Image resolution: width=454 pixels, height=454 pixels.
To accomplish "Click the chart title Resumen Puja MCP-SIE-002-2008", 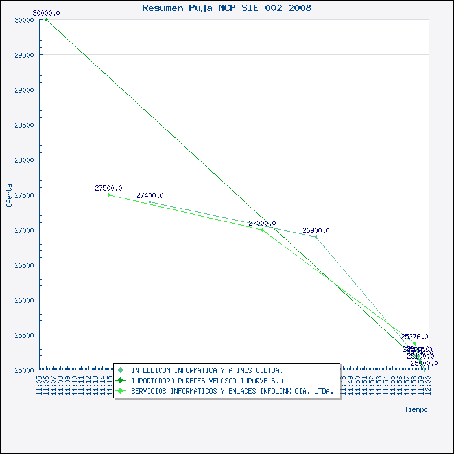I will pos(226,8).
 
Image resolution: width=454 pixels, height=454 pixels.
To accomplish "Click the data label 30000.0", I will pos(46,13).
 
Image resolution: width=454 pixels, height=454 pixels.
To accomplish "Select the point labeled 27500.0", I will pos(108,195).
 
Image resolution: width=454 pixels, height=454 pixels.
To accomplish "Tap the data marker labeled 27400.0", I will pos(150,202).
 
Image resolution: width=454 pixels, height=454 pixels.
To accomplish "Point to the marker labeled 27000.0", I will pos(262,230).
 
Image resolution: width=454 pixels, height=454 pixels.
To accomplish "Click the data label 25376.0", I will pos(414,337).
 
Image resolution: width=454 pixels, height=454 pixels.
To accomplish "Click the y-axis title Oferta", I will pos(9,195).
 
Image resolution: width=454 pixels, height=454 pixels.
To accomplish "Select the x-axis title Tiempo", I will pos(416,409).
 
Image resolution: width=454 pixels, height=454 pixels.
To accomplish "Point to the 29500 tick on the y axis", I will pos(24,55).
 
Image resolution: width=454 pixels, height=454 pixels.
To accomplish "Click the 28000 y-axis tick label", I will pos(24,160).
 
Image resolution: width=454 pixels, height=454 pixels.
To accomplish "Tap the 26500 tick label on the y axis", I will pos(24,265).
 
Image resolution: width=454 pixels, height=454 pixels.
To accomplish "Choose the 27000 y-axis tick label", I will pos(24,230).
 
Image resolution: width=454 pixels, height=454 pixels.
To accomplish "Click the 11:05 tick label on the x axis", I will pos(40,383).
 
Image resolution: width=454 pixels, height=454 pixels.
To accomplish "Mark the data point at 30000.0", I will pos(46,19).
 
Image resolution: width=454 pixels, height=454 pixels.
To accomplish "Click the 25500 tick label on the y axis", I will pos(24,335).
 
